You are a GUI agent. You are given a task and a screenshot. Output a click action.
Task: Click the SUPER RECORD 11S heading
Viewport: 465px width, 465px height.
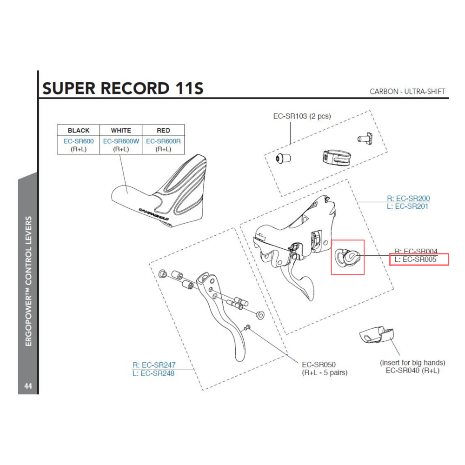click(123, 88)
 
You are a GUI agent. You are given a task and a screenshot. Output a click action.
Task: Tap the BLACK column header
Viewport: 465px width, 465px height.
click(79, 131)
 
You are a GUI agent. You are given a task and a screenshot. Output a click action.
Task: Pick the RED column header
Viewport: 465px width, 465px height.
click(163, 131)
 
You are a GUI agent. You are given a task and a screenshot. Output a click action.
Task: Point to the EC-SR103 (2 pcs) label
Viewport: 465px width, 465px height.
click(302, 116)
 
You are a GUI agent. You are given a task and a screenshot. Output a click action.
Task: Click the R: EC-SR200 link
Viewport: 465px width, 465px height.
click(408, 198)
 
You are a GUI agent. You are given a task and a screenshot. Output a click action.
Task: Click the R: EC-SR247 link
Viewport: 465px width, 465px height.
click(154, 365)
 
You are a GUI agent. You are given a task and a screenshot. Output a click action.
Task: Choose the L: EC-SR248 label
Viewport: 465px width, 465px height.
click(153, 373)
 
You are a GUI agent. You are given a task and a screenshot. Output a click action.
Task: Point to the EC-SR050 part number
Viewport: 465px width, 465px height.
click(319, 365)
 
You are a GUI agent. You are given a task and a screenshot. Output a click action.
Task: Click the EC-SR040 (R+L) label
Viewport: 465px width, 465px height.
click(412, 371)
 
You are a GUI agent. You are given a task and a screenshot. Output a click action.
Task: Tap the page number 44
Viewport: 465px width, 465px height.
click(28, 386)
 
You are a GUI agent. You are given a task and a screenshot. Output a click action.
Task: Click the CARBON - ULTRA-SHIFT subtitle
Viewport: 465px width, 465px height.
click(407, 91)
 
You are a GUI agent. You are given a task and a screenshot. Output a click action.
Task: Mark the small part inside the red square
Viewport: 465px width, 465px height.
click(347, 256)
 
